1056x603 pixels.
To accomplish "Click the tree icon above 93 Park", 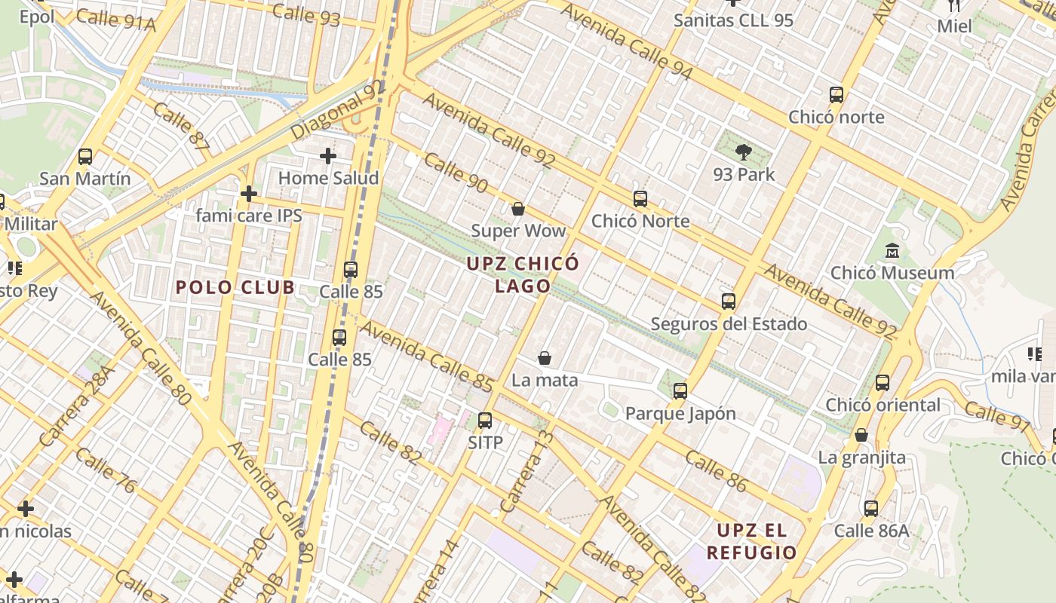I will [x=744, y=152].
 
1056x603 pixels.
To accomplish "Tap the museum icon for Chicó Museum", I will [x=892, y=250].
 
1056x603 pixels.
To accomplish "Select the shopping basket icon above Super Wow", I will [x=517, y=209].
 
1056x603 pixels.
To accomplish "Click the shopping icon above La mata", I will [x=545, y=358].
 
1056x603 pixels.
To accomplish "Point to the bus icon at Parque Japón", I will [x=680, y=391].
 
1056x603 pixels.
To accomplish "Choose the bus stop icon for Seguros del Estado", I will [x=729, y=301].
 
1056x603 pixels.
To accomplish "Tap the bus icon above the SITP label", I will [x=485, y=421].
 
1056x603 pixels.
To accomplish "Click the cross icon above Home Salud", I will [x=328, y=156].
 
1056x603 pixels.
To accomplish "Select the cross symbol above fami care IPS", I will [x=249, y=194].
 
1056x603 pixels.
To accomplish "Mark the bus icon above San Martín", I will [x=85, y=157].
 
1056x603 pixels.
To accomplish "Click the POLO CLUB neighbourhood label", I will [x=235, y=287].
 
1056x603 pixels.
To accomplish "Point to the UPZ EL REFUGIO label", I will [x=751, y=541].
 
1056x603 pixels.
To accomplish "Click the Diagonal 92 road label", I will [x=337, y=109].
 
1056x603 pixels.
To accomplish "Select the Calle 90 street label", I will [x=456, y=173].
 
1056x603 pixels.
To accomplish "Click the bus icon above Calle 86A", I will [x=871, y=509].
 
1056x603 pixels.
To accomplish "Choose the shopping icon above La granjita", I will [x=861, y=435].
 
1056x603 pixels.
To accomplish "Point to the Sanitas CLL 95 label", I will [x=733, y=20].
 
